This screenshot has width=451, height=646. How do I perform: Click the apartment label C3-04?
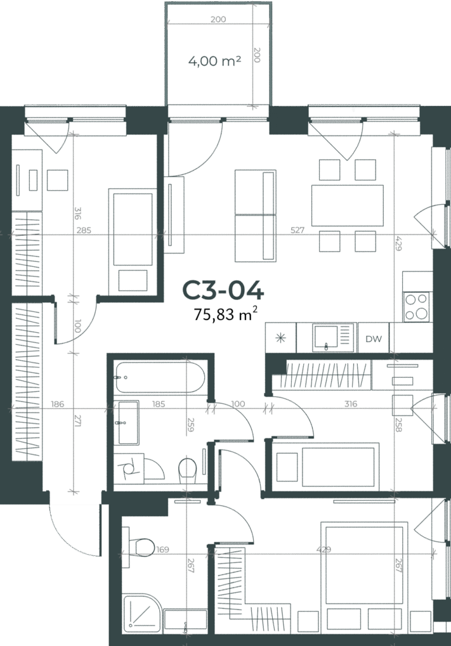223,291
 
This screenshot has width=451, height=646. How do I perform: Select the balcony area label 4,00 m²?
215,61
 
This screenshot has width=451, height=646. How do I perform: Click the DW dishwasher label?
373,339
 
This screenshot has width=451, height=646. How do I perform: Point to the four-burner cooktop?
416,307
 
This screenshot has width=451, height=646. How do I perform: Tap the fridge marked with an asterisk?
281,338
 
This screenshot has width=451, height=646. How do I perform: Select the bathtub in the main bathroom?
160,377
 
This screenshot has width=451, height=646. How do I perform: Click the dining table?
347,205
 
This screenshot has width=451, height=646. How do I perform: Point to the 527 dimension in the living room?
297,230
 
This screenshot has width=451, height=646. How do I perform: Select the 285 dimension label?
84,230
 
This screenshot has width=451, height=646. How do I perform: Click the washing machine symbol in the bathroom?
129,469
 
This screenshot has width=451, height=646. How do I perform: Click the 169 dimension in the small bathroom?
162,549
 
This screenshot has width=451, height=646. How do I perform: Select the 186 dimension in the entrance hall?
57,404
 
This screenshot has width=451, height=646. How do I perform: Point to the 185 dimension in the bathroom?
159,404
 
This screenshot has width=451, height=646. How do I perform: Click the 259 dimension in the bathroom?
190,425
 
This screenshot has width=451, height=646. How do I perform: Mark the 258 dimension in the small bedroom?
398,425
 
